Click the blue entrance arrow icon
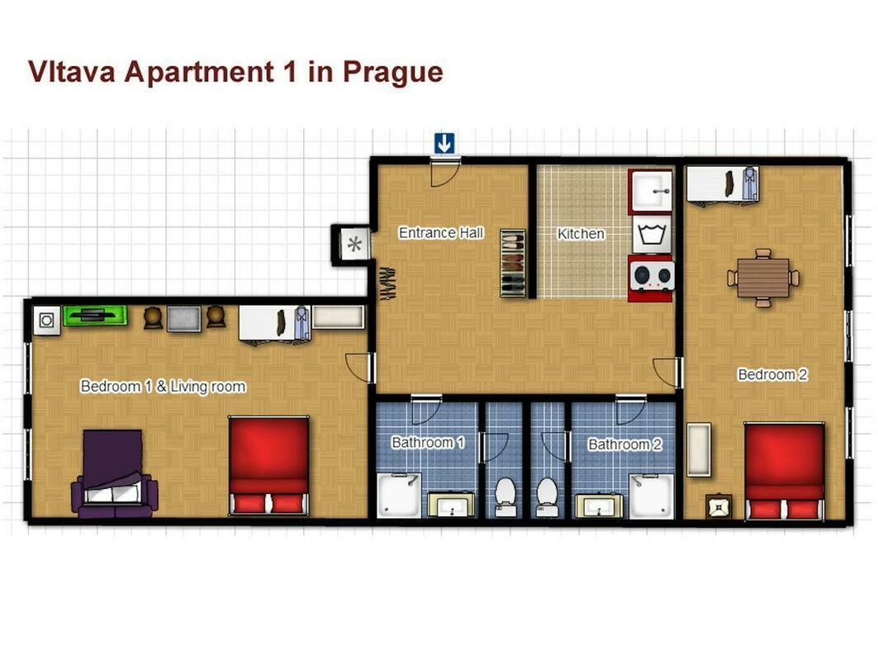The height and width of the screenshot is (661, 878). [x=444, y=144]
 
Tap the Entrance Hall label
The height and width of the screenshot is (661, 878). [x=441, y=232]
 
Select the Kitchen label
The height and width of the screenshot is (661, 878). [x=581, y=234]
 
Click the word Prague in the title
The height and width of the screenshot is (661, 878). [x=393, y=73]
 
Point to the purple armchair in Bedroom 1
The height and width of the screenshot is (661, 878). [x=114, y=473]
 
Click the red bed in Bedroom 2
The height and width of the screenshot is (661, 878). [x=784, y=471]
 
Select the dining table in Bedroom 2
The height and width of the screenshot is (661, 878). [x=762, y=278]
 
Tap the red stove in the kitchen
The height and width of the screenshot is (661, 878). [x=650, y=278]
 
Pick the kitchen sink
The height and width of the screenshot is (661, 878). [x=650, y=191]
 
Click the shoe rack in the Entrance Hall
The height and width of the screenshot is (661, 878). [x=512, y=262]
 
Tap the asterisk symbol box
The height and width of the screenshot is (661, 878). [x=354, y=245]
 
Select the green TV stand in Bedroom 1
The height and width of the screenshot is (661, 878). [x=95, y=316]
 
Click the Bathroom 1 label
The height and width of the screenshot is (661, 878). [x=428, y=443]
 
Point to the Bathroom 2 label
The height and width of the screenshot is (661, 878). [x=625, y=445]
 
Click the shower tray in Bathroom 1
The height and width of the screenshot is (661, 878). [x=398, y=495]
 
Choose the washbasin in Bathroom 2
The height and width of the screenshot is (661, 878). [x=599, y=506]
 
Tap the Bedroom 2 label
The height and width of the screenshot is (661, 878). [x=773, y=374]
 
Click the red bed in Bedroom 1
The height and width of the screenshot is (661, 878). [x=268, y=465]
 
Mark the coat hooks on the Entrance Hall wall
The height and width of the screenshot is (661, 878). [x=387, y=283]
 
